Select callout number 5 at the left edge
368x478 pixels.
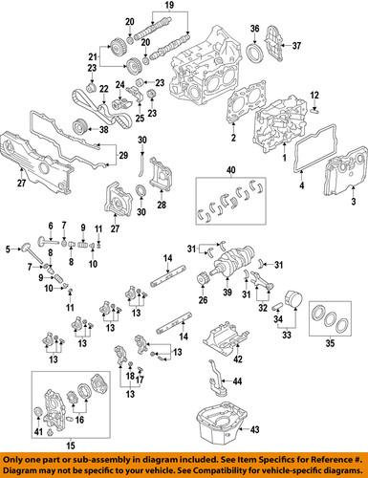click(7, 250)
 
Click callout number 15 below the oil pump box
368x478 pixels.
click(66, 471)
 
